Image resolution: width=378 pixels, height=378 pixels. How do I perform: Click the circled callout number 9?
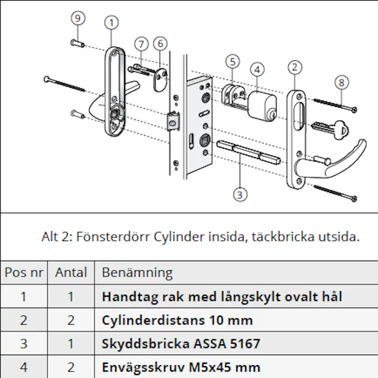pos(78,18)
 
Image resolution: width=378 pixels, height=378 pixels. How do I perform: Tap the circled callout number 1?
pos(111,22)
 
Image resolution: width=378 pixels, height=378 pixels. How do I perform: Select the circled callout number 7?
pos(142,44)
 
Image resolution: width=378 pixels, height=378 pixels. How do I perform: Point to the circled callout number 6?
pos(160,44)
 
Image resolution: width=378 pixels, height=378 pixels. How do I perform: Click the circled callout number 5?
pos(232,62)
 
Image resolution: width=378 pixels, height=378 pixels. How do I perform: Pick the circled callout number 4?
pos(257,69)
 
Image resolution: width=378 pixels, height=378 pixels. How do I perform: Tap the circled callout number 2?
pos(295,68)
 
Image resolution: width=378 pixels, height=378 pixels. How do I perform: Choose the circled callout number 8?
pos(341,83)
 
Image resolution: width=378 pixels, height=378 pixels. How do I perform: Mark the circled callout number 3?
pos(240,194)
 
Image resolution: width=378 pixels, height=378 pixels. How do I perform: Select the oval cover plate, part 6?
pos(160,79)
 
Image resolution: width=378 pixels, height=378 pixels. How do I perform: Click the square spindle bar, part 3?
pos(247,151)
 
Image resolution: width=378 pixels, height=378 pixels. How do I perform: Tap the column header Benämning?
pos(137,273)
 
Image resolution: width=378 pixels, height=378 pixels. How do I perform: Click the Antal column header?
pos(71,273)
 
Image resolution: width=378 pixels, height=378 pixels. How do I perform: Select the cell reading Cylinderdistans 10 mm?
pos(177,320)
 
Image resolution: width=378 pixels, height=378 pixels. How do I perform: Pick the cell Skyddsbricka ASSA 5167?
pos(181,343)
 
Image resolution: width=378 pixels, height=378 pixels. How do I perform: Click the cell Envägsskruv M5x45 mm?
pos(181,367)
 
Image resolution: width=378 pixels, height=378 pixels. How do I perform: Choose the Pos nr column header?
pos(24,273)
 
